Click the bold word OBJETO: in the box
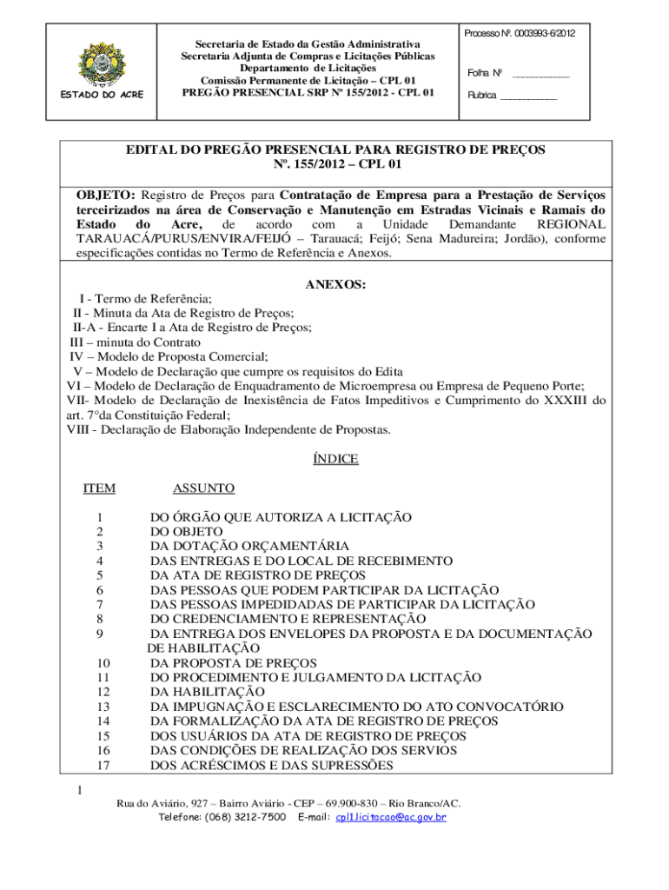[x=106, y=196]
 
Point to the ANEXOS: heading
[x=336, y=284]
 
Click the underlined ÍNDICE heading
[x=335, y=459]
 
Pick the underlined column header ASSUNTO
[x=203, y=488]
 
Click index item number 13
[x=103, y=707]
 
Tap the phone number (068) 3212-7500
[x=245, y=817]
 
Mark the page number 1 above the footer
[x=78, y=790]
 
